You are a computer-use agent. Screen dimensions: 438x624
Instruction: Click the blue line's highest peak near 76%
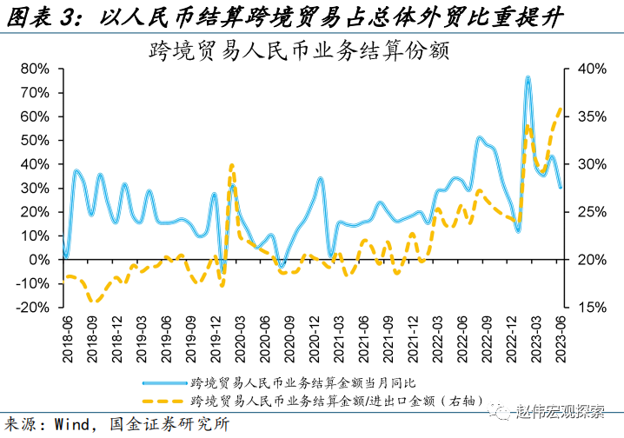pos(528,77)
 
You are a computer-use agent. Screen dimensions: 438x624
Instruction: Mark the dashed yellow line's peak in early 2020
pos(231,165)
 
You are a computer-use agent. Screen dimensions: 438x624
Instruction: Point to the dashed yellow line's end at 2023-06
pos(561,108)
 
